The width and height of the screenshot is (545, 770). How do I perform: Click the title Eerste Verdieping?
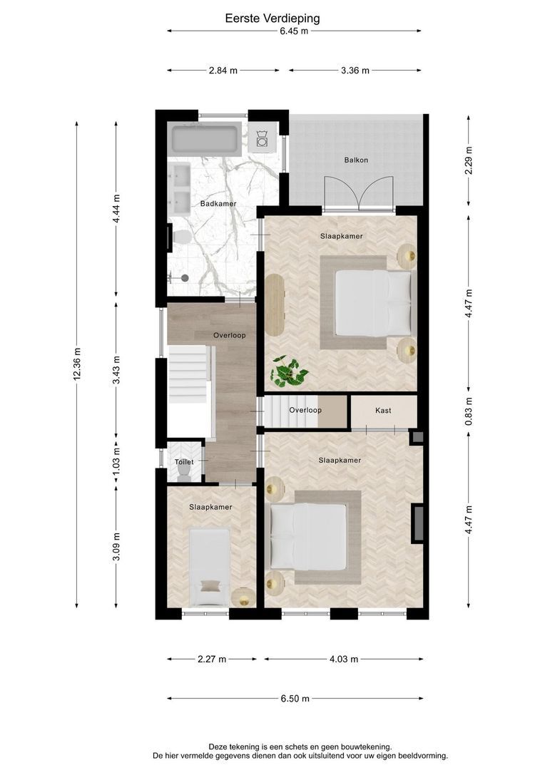tap(272, 19)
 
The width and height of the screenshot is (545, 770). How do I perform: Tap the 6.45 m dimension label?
tap(294, 31)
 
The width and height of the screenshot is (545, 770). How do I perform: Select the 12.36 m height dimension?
tap(76, 364)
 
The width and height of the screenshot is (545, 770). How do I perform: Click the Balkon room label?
tap(356, 160)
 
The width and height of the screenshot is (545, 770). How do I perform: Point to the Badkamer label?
tap(218, 204)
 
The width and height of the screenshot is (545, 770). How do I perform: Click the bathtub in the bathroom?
tap(205, 138)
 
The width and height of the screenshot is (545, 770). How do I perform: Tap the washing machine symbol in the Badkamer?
tap(262, 138)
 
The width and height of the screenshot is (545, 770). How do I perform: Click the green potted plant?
tap(288, 371)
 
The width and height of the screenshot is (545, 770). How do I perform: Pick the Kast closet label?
tap(383, 411)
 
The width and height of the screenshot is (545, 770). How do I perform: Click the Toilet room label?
tap(184, 462)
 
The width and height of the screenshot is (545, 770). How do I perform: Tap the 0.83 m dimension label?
tap(469, 411)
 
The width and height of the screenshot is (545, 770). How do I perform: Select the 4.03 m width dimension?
tap(344, 659)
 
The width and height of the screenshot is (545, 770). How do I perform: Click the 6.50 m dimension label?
tap(295, 698)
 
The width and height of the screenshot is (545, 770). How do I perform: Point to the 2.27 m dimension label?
tap(213, 659)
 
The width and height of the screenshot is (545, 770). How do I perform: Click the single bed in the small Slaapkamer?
tap(210, 568)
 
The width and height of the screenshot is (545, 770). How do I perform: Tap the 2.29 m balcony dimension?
tap(469, 160)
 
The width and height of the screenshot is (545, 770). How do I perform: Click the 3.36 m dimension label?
tap(355, 70)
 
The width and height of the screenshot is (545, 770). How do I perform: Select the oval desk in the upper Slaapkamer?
tap(275, 304)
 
